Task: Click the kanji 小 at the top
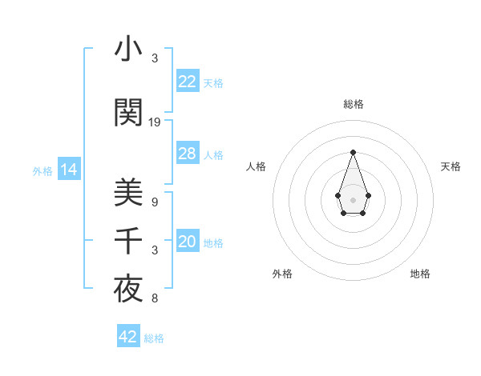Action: click(x=128, y=51)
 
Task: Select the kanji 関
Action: click(x=128, y=113)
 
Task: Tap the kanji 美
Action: click(x=128, y=193)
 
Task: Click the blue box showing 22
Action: click(x=188, y=82)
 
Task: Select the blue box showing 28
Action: click(x=188, y=154)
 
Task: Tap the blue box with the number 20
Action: click(x=188, y=242)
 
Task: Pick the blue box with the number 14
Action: click(x=69, y=170)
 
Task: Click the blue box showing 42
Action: click(x=128, y=337)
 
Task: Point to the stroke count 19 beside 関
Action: click(x=155, y=122)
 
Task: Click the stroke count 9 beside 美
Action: click(x=154, y=202)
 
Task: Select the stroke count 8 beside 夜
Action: click(x=154, y=299)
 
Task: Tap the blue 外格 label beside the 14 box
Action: click(x=42, y=170)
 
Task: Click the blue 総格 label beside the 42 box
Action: click(x=155, y=338)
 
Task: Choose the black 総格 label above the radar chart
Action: click(x=353, y=105)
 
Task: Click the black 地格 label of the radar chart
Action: click(x=420, y=274)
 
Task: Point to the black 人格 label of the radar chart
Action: click(x=256, y=166)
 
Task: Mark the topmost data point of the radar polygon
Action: click(x=353, y=152)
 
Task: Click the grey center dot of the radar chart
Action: click(x=353, y=199)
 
